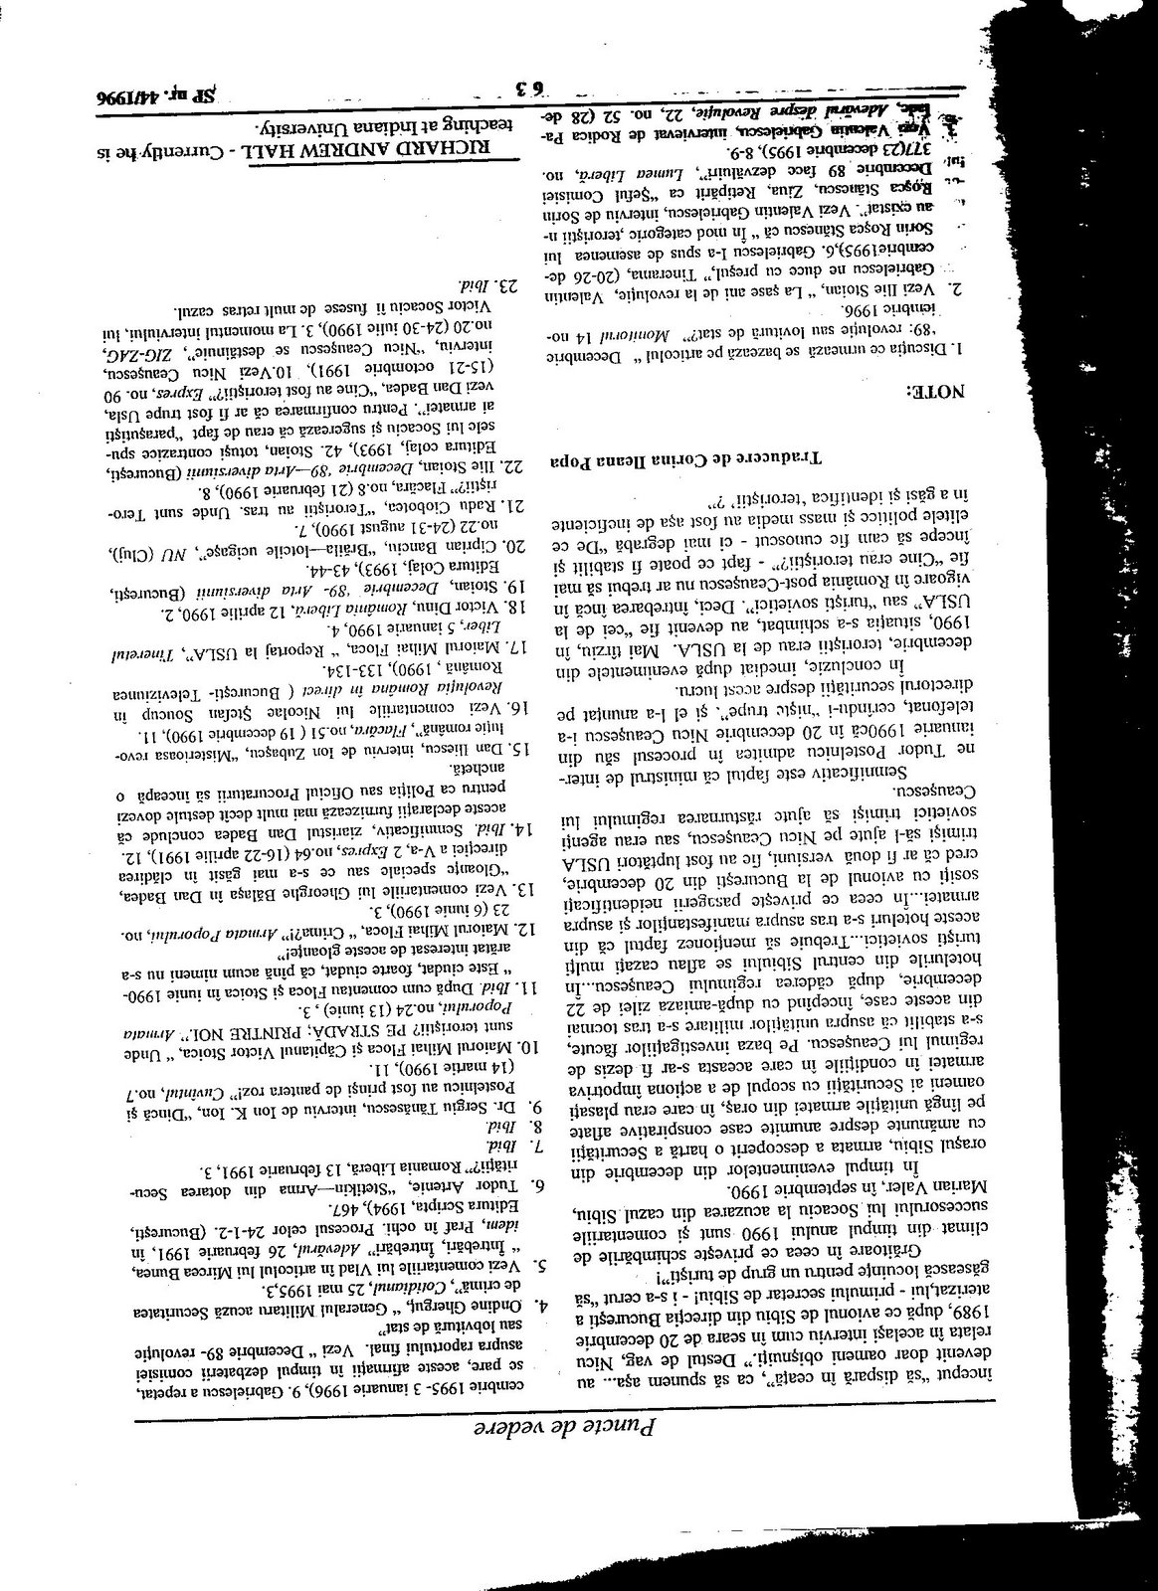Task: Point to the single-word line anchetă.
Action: click(x=486, y=769)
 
